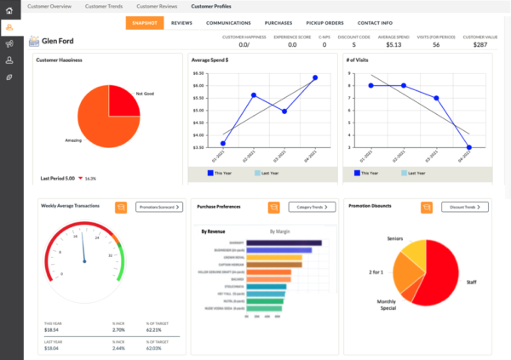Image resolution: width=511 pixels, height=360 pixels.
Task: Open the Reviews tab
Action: [181, 24]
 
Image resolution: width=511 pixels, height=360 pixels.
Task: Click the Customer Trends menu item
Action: [102, 6]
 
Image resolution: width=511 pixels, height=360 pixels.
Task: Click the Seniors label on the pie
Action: [394, 238]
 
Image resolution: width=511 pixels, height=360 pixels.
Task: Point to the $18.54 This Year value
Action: [53, 330]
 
